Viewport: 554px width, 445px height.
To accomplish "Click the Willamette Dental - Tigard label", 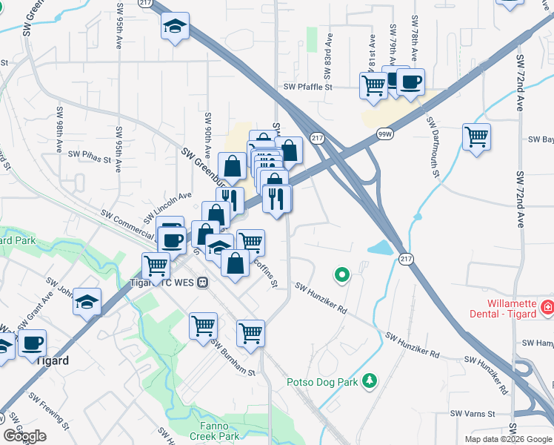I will pos(510,309).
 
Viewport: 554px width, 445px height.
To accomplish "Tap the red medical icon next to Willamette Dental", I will pos(547,306).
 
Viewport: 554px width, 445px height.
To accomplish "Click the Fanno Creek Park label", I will pos(218,431).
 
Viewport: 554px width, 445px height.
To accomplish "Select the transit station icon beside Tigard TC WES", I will pos(202,283).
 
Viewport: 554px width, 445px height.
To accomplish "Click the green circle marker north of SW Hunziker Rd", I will pos(341,276).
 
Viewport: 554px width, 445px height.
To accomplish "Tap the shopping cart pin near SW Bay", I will pos(476,136).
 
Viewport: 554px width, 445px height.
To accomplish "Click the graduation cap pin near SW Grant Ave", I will pos(87,301).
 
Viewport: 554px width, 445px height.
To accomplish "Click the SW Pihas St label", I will pos(89,157).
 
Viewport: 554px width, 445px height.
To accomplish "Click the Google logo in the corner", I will pos(25,436).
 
